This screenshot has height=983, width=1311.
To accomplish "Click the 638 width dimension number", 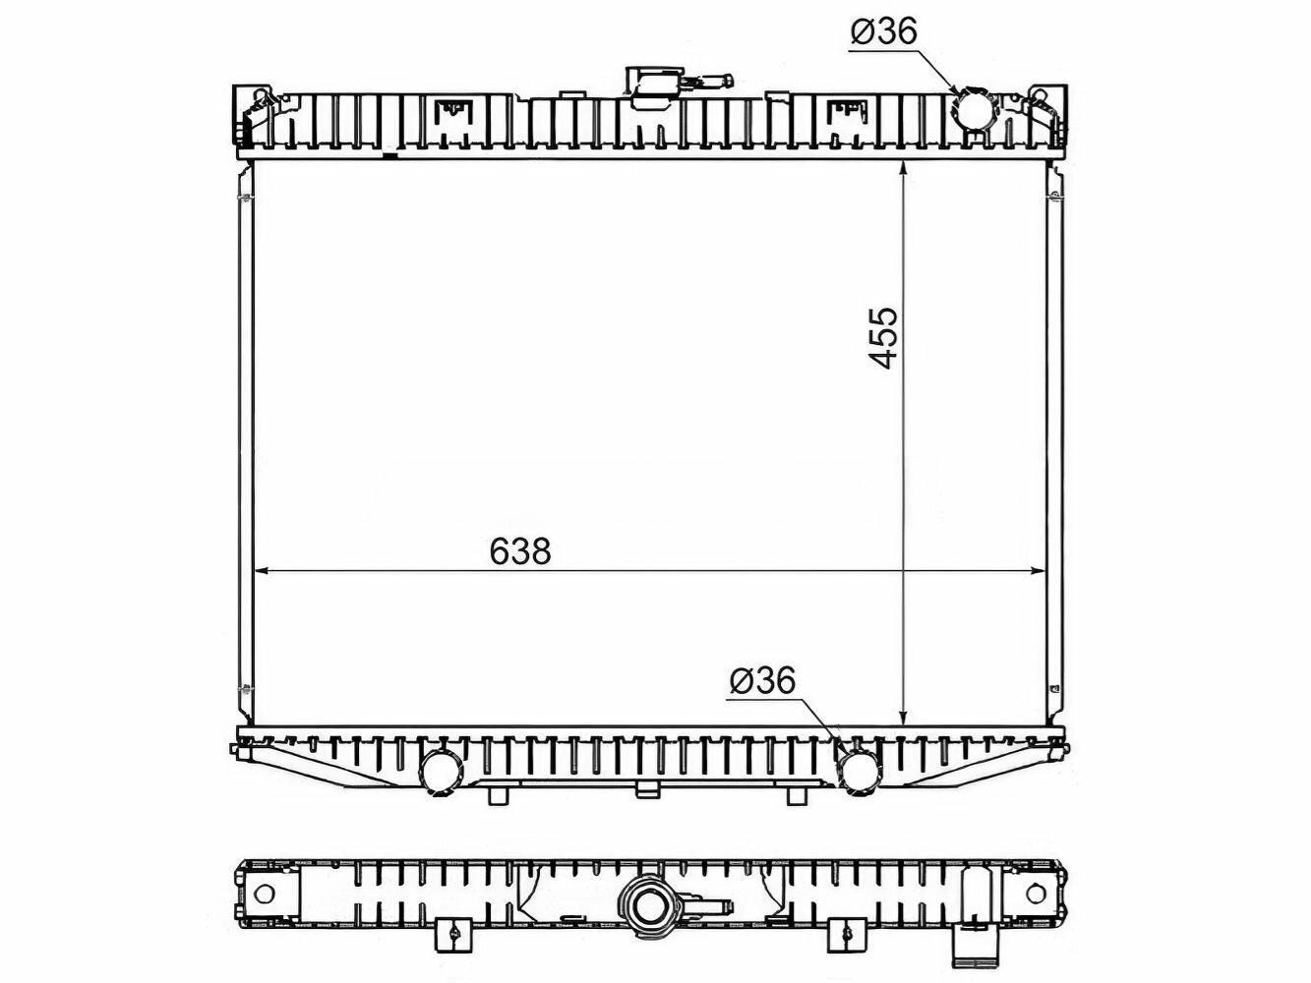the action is pos(519,550).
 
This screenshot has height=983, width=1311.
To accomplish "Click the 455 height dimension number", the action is pos(883,338).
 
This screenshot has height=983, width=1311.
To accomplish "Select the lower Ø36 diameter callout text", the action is pos(763,680).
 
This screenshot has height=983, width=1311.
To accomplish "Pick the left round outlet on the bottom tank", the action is pos(441,772).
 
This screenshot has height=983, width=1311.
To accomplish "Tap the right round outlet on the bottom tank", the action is pos(860,772).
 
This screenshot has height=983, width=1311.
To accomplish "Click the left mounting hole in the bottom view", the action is pos(264,894).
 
